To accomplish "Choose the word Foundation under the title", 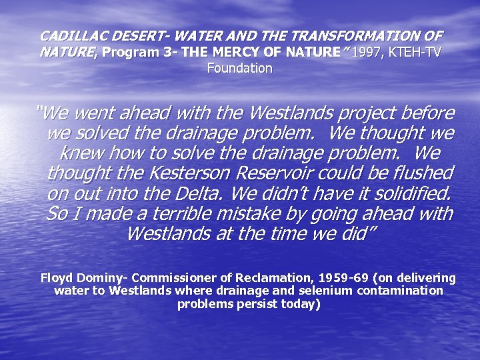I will tap(240, 68).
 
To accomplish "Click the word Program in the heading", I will tap(131, 52).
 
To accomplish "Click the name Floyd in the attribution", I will tap(57, 278).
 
